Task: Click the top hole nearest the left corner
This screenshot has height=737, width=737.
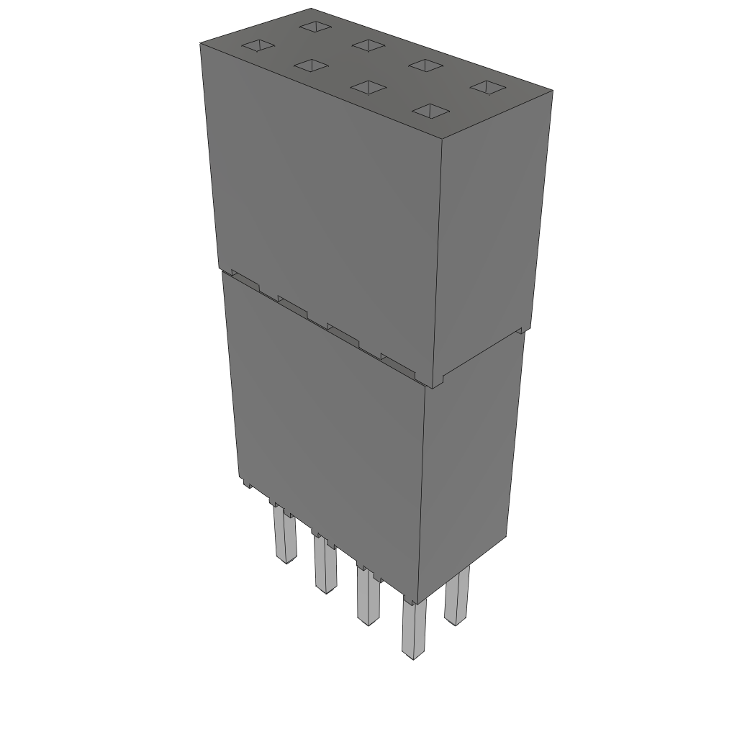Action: (x=258, y=47)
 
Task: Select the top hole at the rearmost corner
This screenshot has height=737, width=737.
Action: (x=315, y=27)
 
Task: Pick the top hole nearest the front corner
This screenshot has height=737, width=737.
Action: (x=430, y=111)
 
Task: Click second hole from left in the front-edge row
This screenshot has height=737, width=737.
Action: (x=311, y=66)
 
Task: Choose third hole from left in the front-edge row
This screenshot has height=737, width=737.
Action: (x=368, y=88)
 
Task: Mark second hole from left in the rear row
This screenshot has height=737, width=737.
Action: (x=368, y=45)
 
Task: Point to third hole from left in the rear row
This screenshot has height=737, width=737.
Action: (x=426, y=65)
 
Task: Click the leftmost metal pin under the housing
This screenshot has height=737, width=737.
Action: (x=284, y=536)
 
